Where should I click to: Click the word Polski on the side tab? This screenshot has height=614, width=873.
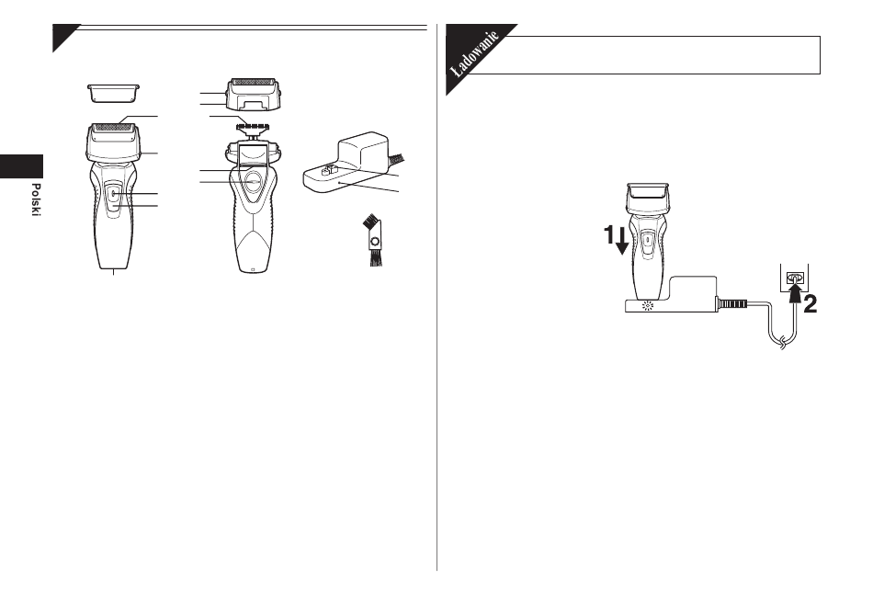(x=36, y=199)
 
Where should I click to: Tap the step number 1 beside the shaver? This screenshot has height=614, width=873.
(x=609, y=235)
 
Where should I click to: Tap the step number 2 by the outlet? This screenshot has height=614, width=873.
(x=810, y=304)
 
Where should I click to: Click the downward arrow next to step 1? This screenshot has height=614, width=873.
(x=622, y=241)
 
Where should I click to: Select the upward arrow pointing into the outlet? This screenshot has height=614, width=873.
(x=795, y=293)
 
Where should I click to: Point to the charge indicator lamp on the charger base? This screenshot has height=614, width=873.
(x=647, y=305)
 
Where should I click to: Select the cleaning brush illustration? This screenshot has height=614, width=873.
(x=373, y=241)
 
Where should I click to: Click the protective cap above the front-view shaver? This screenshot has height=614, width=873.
(x=113, y=93)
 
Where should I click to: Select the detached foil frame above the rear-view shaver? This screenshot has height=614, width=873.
(x=254, y=94)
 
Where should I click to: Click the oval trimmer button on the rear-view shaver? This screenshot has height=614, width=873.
(x=254, y=181)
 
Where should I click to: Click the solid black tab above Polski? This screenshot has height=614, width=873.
(x=21, y=166)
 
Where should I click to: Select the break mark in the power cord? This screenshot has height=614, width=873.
(x=783, y=341)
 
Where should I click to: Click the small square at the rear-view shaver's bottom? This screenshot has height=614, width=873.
(x=253, y=269)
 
